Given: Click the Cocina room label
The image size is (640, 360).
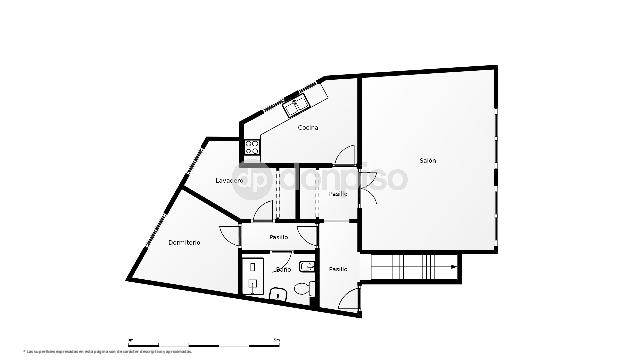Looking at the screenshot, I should tap(308, 127).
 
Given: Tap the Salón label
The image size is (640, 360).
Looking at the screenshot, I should tap(427, 160).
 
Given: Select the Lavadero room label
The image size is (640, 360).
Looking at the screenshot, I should tap(230, 180).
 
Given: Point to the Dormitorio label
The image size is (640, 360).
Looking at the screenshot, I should tap(184, 243).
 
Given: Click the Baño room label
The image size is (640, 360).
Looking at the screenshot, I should tap(283, 270).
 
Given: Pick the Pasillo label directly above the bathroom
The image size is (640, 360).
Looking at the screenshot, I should tap(278, 237).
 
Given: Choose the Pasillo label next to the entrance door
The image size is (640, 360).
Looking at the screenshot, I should tap(339, 268).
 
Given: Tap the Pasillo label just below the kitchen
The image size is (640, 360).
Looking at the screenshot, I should tap(339, 194).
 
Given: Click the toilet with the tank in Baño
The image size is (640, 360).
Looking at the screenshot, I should tap(277, 291).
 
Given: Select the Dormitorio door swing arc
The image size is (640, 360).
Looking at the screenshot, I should tap(229, 237).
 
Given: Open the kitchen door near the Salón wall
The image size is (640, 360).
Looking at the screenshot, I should tap(345, 156).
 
